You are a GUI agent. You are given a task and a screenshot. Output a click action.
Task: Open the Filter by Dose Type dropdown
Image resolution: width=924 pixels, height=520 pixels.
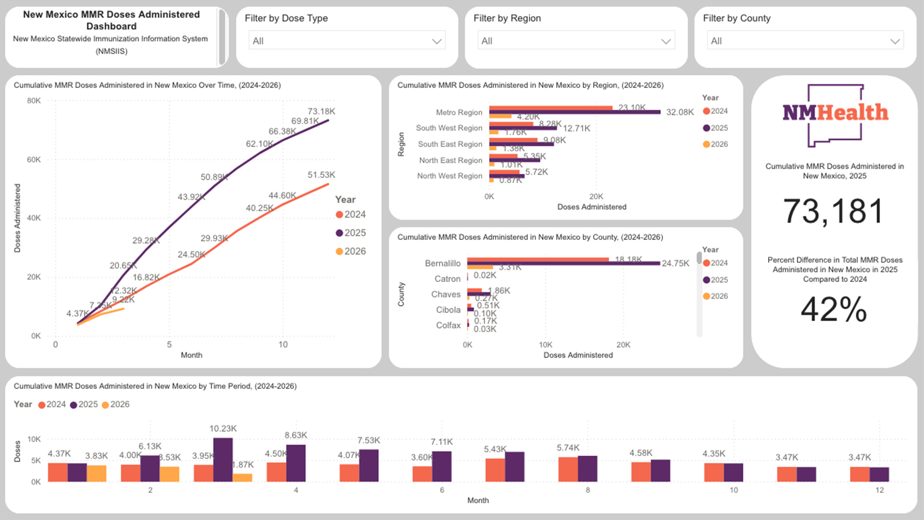click(x=346, y=41)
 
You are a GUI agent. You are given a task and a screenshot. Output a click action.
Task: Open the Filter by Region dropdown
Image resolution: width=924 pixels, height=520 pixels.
click(x=576, y=41)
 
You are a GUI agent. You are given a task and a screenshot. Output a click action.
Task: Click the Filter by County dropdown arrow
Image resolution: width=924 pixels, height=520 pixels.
click(x=895, y=41)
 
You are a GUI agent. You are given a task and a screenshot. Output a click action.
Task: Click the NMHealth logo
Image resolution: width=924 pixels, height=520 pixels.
click(x=835, y=114)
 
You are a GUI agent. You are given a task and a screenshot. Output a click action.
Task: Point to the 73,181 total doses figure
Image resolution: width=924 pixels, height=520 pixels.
click(x=833, y=211)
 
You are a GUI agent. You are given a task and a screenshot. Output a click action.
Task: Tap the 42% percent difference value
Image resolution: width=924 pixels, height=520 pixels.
click(x=833, y=310)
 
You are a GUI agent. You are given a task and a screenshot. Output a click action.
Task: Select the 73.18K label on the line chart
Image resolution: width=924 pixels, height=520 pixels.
click(x=321, y=112)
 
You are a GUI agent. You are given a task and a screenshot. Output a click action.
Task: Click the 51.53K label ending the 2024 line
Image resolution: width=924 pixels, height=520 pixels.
click(x=321, y=175)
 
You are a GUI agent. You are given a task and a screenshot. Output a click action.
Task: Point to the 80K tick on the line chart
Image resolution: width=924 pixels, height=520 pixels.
click(x=34, y=101)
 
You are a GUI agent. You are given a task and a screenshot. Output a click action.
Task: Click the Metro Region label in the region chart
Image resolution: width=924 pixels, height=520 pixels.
click(x=459, y=113)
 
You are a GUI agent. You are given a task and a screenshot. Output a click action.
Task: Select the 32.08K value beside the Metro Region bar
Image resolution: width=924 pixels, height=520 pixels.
click(x=680, y=112)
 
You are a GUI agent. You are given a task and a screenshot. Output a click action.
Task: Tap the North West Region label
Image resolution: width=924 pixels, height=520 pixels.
click(x=449, y=176)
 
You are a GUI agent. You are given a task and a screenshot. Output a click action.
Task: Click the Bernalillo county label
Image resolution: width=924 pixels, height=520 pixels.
click(x=442, y=263)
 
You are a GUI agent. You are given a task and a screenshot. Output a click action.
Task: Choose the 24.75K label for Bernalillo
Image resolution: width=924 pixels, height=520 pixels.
click(x=675, y=263)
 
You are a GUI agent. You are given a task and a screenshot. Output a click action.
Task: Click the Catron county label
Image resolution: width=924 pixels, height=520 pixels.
click(x=447, y=279)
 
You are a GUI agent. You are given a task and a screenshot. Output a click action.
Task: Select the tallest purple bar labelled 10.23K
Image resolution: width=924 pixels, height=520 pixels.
click(x=223, y=460)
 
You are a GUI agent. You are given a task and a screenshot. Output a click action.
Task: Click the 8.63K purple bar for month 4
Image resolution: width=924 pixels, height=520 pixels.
click(x=296, y=463)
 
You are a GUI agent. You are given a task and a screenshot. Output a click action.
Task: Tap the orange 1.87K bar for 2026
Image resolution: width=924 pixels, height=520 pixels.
click(x=243, y=478)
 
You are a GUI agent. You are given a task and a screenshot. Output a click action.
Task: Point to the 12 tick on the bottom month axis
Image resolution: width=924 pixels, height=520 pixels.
click(x=879, y=490)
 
